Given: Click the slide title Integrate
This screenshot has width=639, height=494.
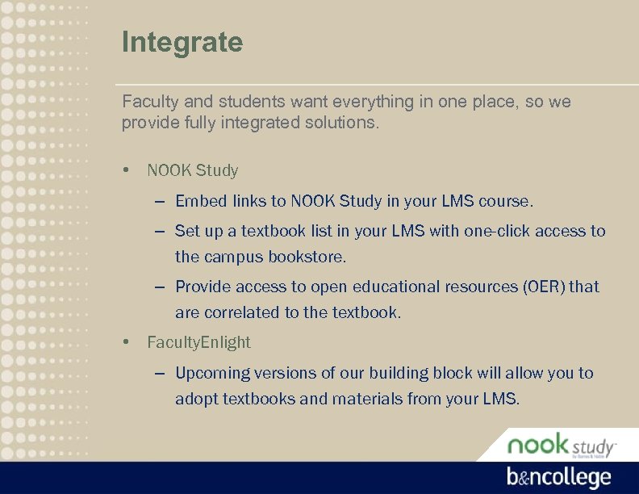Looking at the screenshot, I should click(182, 42).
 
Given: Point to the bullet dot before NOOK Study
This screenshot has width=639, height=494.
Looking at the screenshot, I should click(127, 170).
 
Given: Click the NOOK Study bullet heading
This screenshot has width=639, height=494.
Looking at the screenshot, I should click(193, 170).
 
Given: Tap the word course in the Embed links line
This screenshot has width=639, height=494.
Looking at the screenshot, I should click(505, 200).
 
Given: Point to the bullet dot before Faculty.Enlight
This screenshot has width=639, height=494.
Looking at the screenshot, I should click(127, 342).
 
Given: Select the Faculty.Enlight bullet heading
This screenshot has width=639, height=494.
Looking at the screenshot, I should click(198, 342).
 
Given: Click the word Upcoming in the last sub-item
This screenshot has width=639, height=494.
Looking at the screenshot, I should click(213, 373).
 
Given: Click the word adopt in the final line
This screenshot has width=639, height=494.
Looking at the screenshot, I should click(196, 399).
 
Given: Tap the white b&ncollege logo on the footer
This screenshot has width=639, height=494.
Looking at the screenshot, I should click(558, 477).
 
